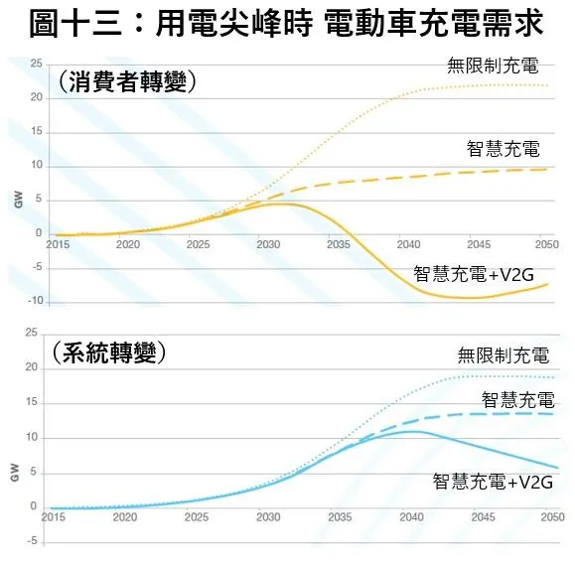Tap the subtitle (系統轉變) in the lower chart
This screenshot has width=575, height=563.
point(108,352)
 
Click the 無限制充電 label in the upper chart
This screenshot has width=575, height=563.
point(493,67)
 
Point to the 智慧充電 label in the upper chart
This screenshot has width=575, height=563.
point(503,149)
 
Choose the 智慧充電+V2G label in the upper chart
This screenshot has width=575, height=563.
point(472,273)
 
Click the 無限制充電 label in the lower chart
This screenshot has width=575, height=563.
point(503,355)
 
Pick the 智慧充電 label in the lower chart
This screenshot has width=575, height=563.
point(517,399)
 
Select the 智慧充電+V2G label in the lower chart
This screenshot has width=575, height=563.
point(492,482)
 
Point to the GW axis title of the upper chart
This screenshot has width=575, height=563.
point(16,199)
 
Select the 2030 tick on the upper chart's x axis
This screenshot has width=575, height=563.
point(267,243)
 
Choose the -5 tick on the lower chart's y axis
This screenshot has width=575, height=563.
point(35,541)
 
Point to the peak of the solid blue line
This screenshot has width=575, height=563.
point(413,431)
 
